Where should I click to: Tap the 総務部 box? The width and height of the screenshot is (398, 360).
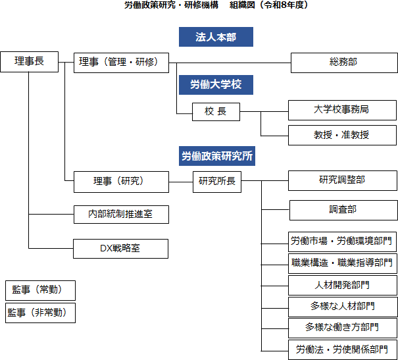pos(343,63)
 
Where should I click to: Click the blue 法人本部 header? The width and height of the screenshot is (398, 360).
pos(216,37)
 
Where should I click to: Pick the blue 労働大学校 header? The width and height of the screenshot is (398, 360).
pos(216,84)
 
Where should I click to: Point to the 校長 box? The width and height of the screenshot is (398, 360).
pos(216,111)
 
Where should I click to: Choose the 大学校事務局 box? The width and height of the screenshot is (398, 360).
pos(342,109)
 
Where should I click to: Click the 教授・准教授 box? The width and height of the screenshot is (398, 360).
pos(342,134)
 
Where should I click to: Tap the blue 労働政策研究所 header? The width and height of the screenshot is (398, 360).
pos(216,156)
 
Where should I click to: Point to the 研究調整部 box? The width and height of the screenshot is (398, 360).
pos(342,180)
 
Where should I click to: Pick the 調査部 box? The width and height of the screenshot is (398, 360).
pos(343,210)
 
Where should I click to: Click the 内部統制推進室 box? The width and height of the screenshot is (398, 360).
pos(120,214)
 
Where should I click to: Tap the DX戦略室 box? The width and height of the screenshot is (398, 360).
pos(120,248)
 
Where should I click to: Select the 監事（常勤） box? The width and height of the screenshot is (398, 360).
pos(39,290)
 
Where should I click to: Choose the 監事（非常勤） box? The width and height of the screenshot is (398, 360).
pos(39,312)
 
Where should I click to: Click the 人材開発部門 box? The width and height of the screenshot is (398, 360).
pos(342,285)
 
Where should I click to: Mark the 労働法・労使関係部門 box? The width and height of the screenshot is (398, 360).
pos(342,349)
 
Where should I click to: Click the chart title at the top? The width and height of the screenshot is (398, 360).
pos(216,5)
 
